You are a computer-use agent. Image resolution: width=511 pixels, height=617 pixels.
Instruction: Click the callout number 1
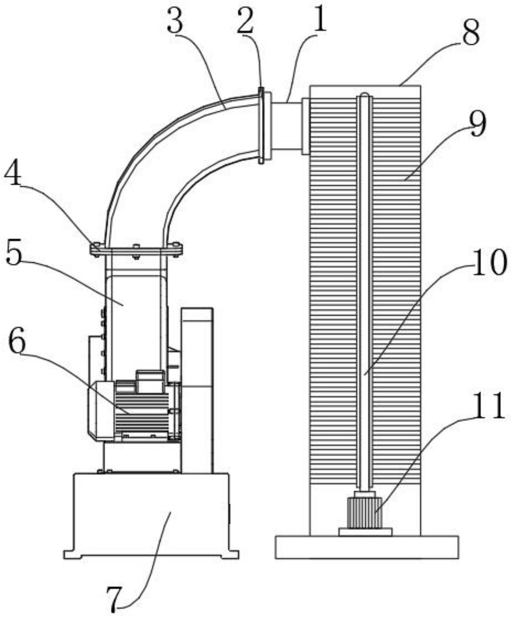point(320,22)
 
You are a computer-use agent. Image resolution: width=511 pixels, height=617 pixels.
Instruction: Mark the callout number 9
point(478,124)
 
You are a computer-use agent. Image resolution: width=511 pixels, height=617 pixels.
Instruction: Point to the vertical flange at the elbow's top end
point(261,126)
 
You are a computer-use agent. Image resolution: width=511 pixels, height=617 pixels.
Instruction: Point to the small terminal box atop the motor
point(150,381)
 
